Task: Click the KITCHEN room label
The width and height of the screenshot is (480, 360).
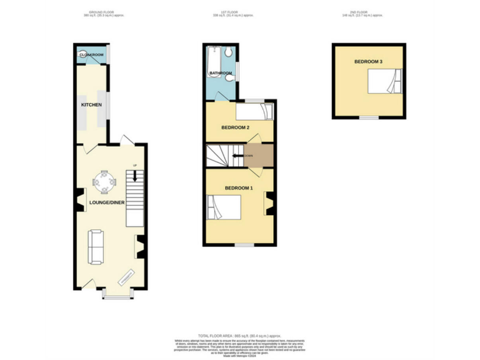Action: [91, 105]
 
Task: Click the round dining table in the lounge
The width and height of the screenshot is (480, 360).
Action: [104, 182]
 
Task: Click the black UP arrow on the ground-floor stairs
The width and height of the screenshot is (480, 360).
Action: [134, 176]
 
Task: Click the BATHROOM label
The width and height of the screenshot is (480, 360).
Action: [221, 74]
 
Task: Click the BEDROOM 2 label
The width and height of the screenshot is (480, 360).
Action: [236, 127]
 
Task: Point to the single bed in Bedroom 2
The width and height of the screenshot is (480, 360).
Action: [254, 111]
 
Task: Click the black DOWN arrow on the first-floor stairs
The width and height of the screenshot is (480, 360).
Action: [238, 156]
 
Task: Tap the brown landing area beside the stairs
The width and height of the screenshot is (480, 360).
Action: [259, 156]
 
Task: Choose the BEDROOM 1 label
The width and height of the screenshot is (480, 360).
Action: [239, 188]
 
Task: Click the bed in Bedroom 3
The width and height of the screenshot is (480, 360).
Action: [384, 82]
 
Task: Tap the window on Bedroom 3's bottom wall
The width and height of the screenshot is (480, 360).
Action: [369, 117]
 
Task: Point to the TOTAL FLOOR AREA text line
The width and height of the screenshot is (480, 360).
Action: [240, 336]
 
